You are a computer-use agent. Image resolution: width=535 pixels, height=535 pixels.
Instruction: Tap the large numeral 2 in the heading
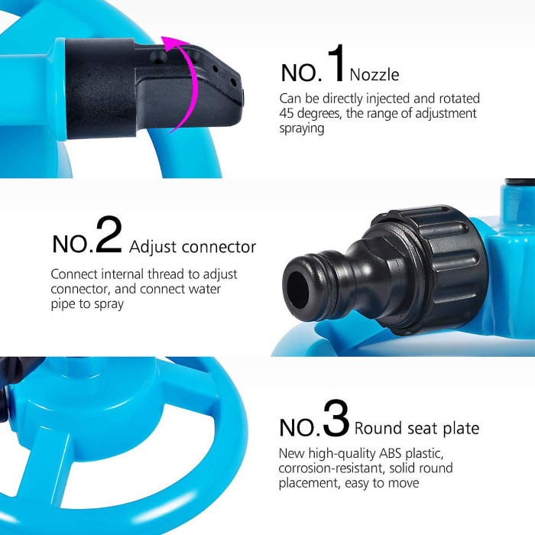click(109, 238)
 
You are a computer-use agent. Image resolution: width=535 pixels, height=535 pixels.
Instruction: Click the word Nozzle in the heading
click(374, 74)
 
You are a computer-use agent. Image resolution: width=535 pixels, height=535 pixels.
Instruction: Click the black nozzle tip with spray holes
click(222, 84)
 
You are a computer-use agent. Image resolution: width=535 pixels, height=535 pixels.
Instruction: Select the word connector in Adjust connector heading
click(213, 248)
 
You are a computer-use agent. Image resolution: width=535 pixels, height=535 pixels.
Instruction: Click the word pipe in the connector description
click(64, 303)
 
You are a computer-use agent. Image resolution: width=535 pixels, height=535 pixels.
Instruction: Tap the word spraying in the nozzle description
click(302, 128)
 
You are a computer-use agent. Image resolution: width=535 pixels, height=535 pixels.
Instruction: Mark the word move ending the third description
click(403, 483)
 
